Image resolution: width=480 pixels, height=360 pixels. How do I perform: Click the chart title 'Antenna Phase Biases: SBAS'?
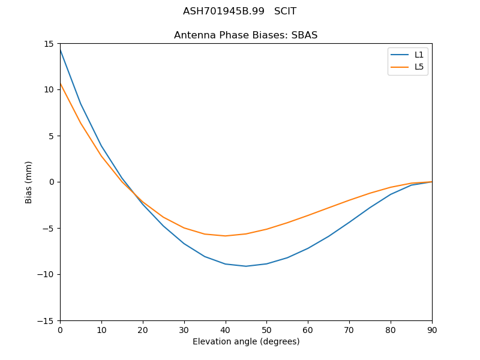click(x=245, y=35)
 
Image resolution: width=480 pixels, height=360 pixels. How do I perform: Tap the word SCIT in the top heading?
click(x=285, y=11)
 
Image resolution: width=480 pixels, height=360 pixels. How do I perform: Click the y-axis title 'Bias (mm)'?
click(x=29, y=182)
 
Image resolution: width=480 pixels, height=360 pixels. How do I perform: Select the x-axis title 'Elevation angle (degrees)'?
click(x=245, y=341)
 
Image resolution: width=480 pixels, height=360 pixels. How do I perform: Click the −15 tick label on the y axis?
click(x=47, y=320)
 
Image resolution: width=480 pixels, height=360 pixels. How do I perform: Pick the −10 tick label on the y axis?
click(x=47, y=274)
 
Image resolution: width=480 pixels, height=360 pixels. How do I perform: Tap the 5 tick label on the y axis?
click(x=52, y=136)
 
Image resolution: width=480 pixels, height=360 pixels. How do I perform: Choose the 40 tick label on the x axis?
click(x=225, y=329)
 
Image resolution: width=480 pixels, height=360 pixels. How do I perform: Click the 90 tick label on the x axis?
click(x=431, y=329)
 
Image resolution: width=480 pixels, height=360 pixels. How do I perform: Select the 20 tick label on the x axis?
click(x=143, y=329)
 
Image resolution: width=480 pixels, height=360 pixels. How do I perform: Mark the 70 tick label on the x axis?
click(x=349, y=329)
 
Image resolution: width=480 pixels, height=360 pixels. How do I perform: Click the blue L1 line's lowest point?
click(x=246, y=266)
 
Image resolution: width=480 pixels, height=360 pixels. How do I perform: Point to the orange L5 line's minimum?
click(x=225, y=236)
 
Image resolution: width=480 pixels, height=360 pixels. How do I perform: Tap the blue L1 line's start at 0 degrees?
click(x=60, y=49)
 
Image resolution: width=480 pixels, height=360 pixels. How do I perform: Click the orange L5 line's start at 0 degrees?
click(x=60, y=83)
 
